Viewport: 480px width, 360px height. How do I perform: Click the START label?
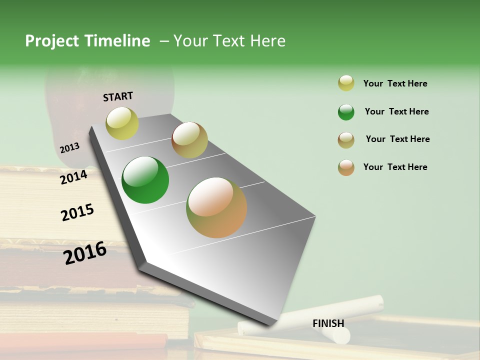[x=118, y=96]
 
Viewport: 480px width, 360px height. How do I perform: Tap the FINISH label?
[x=328, y=323]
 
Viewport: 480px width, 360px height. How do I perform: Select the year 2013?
[x=69, y=148]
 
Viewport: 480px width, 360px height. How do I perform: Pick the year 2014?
[x=73, y=177]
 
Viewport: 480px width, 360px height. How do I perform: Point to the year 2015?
[x=77, y=212]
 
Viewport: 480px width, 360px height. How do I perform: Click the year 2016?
[x=85, y=252]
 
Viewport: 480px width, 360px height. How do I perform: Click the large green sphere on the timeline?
[x=145, y=180]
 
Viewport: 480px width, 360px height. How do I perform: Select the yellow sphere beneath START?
[x=122, y=123]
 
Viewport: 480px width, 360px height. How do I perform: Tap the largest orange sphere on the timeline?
[x=216, y=207]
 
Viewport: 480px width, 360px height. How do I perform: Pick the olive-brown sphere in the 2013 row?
[x=189, y=140]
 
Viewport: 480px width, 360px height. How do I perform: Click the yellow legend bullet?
[x=346, y=83]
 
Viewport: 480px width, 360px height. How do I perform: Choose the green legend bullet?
[x=346, y=112]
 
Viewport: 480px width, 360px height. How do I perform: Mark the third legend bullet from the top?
[x=346, y=140]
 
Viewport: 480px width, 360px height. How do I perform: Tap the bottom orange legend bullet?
[x=346, y=167]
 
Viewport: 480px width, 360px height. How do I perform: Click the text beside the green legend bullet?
[x=396, y=111]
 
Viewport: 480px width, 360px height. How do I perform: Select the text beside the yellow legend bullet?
[x=395, y=83]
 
